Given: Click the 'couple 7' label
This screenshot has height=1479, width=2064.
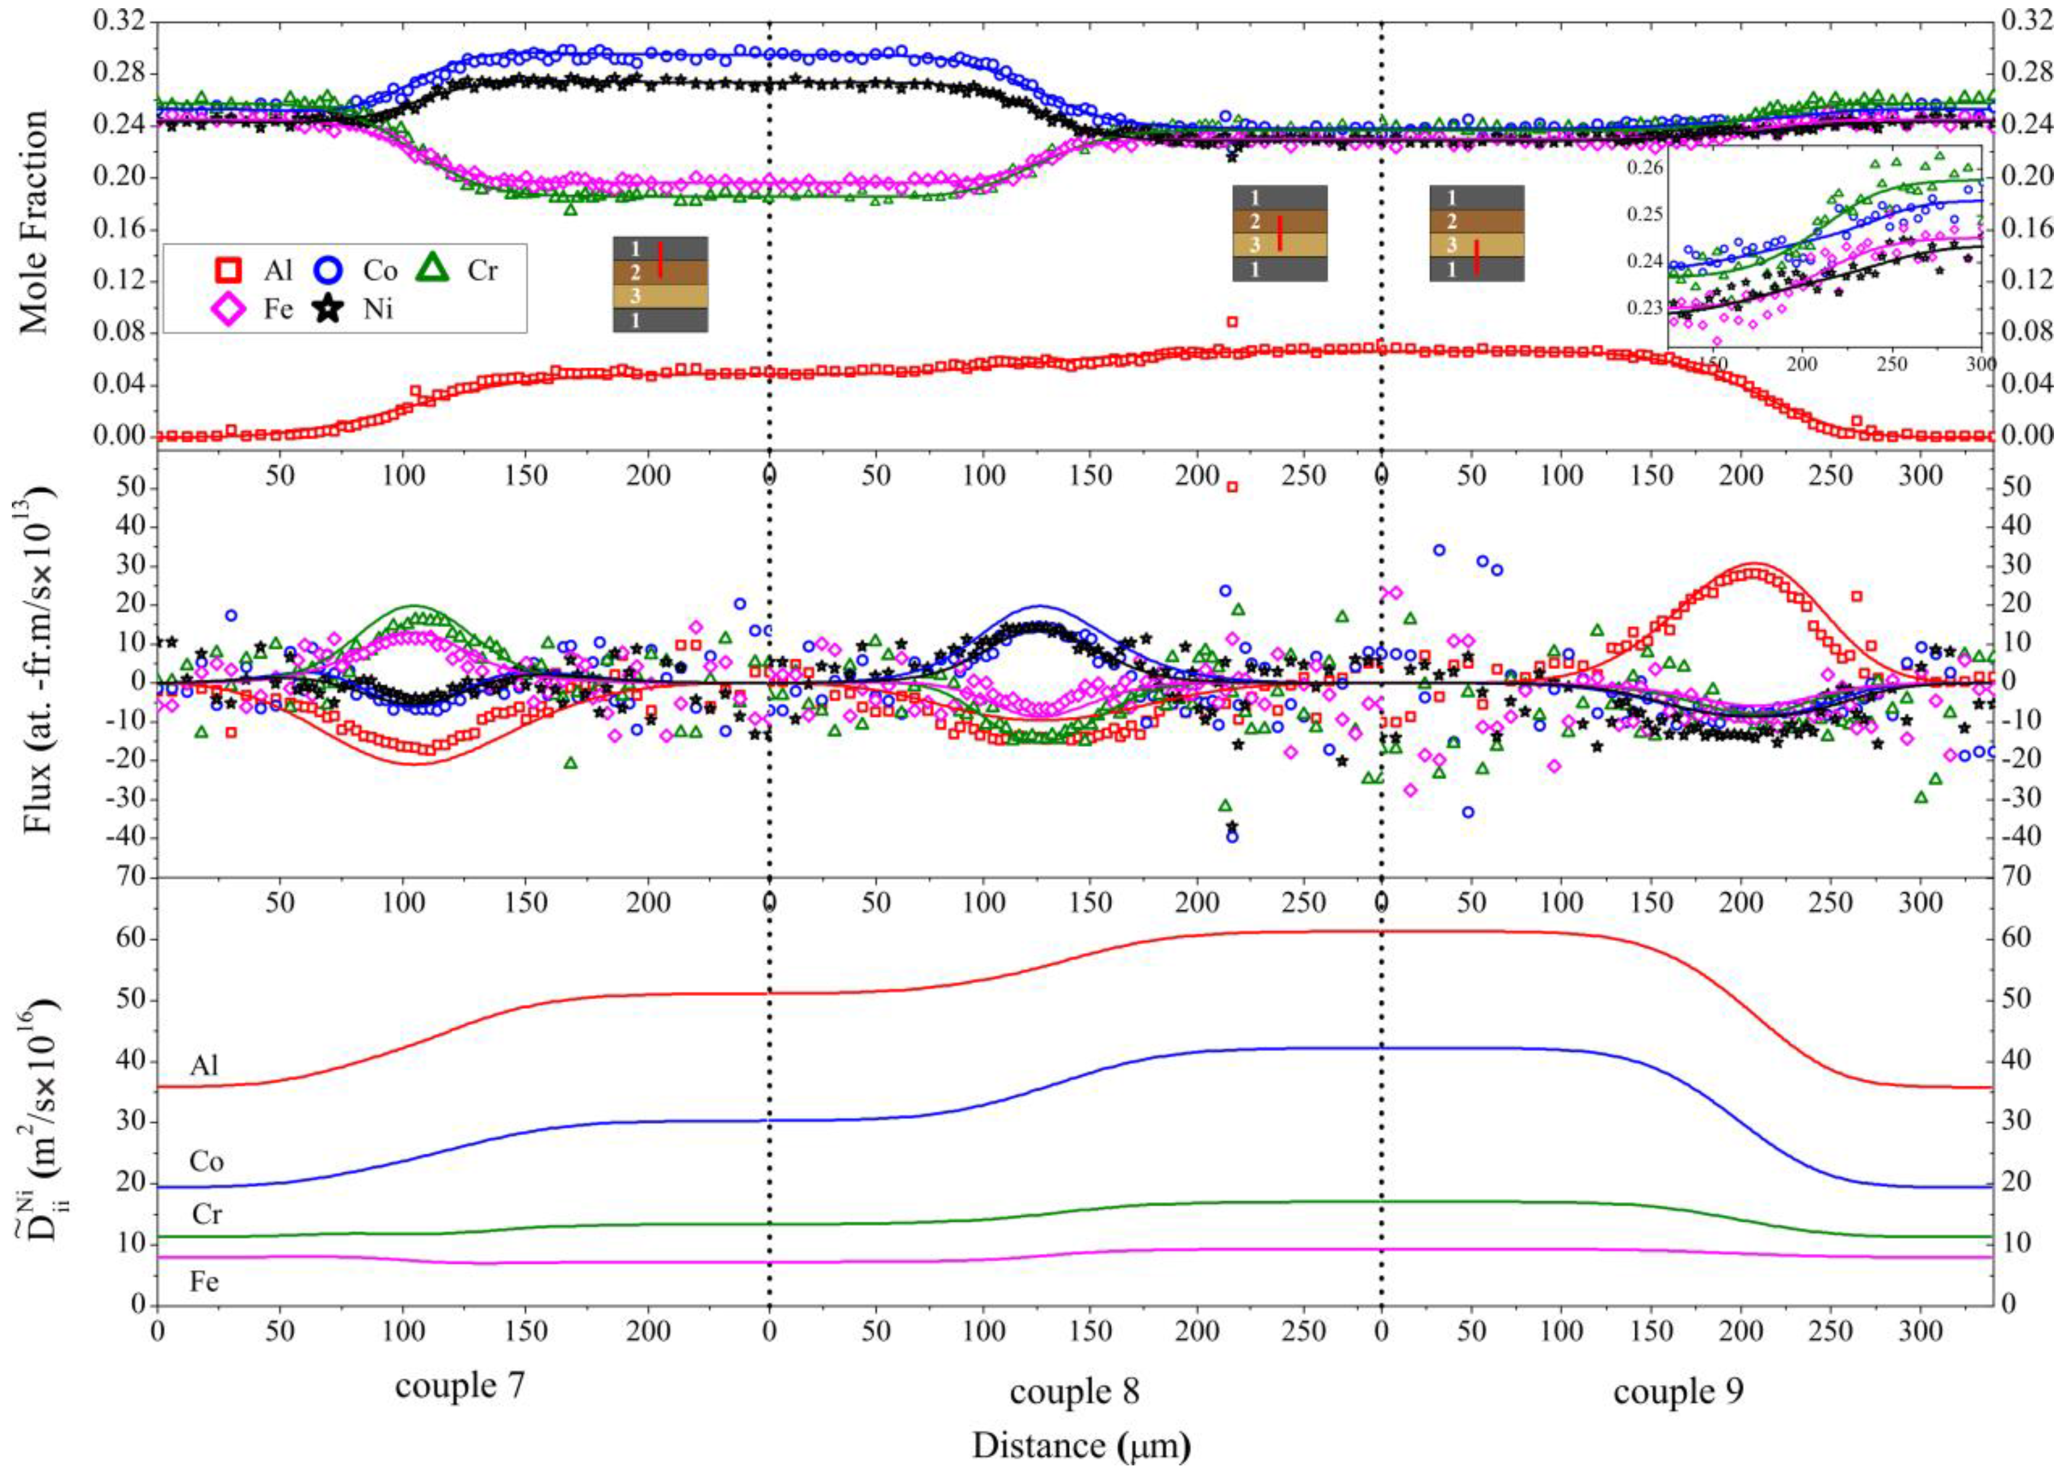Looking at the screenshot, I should click(460, 1385).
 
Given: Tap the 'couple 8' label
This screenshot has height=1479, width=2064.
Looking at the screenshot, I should click(1074, 1391).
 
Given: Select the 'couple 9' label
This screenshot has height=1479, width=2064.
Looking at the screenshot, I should click(1678, 1391).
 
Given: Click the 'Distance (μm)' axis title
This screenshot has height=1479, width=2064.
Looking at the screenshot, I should click(1081, 1445).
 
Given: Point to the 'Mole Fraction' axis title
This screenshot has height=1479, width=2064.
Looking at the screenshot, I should click(34, 223).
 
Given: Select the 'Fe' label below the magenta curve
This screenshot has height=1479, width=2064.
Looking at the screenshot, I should click(204, 1283).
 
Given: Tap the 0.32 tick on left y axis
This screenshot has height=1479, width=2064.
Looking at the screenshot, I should click(118, 20).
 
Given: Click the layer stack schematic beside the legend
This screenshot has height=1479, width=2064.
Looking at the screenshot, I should click(660, 284).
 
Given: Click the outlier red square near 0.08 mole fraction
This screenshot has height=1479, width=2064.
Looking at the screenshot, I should click(1232, 321).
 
